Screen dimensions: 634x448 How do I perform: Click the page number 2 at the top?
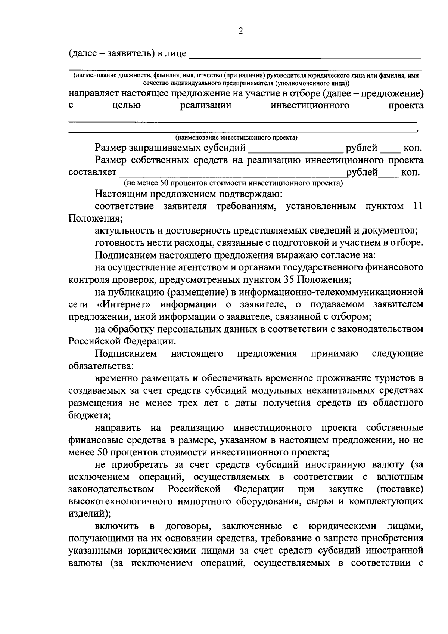pyautogui.click(x=240, y=31)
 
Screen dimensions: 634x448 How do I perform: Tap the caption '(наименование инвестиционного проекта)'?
pyautogui.click(x=236, y=138)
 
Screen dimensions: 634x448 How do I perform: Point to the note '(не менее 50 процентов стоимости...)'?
pyautogui.click(x=233, y=183)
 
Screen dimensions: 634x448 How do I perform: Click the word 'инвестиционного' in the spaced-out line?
pyautogui.click(x=310, y=105)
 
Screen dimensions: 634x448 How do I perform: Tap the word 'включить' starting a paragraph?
pyautogui.click(x=116, y=526)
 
